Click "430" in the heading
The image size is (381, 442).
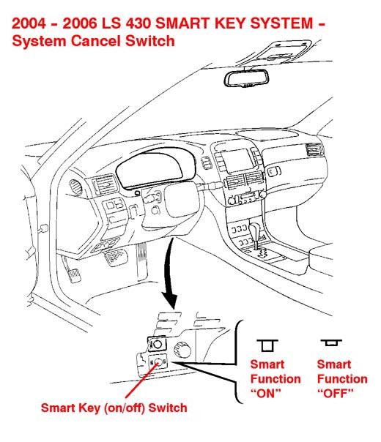[x=138, y=23]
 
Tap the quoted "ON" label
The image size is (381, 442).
[x=266, y=393]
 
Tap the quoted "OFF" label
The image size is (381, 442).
[x=336, y=393]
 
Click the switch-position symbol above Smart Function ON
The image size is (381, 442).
[x=267, y=345]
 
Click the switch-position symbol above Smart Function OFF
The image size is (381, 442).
[x=331, y=342]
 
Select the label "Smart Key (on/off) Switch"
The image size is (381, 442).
[x=114, y=408]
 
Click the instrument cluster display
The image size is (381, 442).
[x=155, y=168]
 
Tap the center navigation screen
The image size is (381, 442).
[x=237, y=160]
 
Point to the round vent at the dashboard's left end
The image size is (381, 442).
[x=75, y=187]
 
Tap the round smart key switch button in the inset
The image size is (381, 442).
[x=158, y=362]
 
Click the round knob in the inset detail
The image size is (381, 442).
[x=182, y=350]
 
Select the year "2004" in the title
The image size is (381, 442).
[x=29, y=23]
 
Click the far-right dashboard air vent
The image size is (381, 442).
[x=314, y=149]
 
